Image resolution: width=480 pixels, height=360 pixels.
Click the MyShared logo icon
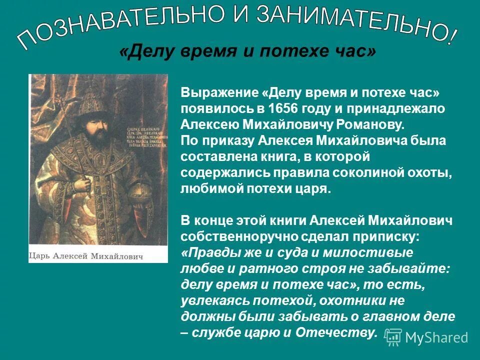coord(393,337)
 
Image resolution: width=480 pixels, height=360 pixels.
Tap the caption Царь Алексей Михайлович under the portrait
coord(86,256)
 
